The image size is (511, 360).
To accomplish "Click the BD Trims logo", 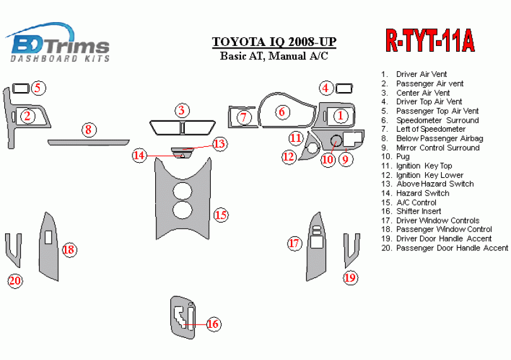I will [x=60, y=43].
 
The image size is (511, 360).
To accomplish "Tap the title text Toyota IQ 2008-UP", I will [x=274, y=42].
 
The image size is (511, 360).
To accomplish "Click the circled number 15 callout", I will [x=220, y=215].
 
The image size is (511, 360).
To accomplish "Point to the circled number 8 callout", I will [x=88, y=130].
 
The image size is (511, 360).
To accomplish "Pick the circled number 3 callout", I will [x=182, y=111].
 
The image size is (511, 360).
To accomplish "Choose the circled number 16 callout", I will [x=213, y=324].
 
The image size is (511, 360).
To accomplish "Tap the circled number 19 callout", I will [x=350, y=277].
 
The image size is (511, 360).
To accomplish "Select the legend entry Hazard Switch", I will [x=422, y=193].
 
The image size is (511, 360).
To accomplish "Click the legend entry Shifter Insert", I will [x=418, y=211].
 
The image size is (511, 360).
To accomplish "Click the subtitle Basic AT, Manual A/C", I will [x=274, y=56].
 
